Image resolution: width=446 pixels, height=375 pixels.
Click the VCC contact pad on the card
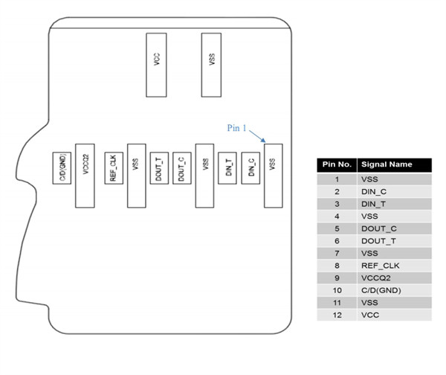pos(156,65)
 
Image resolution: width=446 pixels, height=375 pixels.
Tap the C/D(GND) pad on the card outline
pos(62,168)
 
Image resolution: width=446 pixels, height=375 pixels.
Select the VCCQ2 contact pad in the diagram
pos(85,176)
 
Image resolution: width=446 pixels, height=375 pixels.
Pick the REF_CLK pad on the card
pos(114,168)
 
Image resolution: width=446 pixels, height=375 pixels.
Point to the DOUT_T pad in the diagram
pos(159,168)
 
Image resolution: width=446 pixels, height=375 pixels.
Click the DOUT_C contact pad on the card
pos(182,168)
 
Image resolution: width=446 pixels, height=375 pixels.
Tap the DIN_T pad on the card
pos(227,168)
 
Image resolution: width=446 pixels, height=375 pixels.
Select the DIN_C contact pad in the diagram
pos(251,168)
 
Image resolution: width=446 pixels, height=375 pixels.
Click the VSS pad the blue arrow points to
pos(274,176)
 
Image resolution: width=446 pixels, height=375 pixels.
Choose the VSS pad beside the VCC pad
pos(211,65)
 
